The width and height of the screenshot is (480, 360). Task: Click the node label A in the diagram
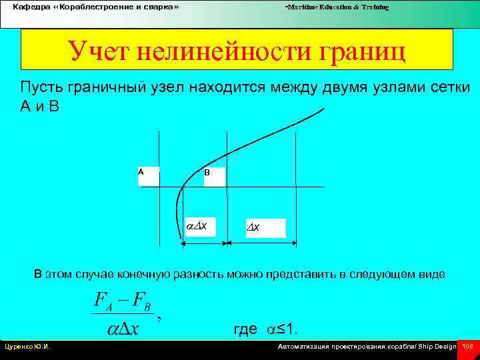tap(141, 172)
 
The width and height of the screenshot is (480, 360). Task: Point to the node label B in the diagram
tap(207, 173)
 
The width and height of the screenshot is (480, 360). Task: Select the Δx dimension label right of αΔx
tap(254, 228)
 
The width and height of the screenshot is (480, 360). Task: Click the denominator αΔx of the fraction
tap(123, 329)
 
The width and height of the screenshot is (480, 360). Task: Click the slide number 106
tap(467, 347)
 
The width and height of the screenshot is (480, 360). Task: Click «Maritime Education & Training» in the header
tap(337, 7)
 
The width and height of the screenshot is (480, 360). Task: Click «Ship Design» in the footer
tap(438, 347)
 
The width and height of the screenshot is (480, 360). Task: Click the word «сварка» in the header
tap(155, 7)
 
